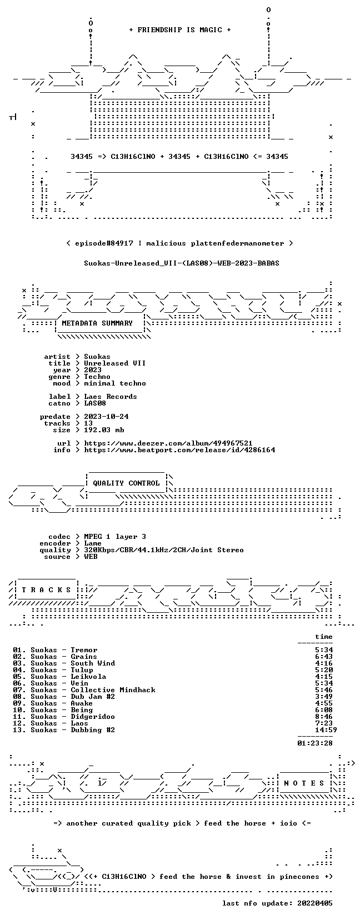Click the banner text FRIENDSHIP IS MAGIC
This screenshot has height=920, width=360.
click(180, 30)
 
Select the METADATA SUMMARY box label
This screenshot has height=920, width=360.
click(97, 323)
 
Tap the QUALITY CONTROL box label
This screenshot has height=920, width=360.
click(126, 483)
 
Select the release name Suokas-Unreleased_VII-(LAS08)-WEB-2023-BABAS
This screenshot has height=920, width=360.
click(182, 263)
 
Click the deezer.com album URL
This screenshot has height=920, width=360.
click(168, 443)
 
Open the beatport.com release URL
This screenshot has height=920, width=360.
click(179, 450)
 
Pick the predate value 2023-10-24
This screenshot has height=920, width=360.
click(106, 417)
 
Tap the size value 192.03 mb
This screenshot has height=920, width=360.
click(104, 430)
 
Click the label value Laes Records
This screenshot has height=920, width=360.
click(111, 396)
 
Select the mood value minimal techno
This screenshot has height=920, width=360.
click(115, 383)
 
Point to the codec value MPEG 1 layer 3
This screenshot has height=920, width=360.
click(115, 537)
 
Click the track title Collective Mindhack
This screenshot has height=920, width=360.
click(113, 690)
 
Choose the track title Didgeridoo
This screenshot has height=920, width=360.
click(93, 717)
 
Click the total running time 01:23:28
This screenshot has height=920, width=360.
click(315, 743)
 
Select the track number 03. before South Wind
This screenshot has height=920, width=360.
click(19, 663)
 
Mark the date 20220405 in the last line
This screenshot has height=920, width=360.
click(315, 903)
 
